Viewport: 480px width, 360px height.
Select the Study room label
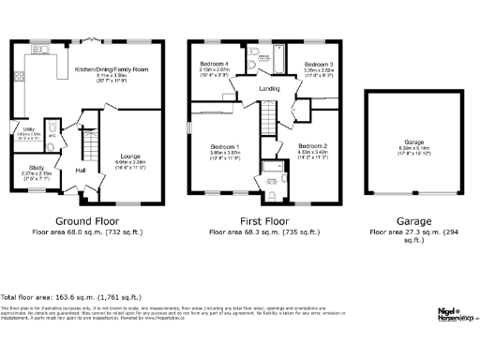(25, 167)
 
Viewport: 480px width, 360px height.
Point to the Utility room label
(29, 128)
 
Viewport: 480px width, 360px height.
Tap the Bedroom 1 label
(225, 147)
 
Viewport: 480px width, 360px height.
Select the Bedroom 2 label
(312, 147)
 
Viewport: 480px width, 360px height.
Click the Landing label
(269, 89)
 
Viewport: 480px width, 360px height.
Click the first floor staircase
(267, 118)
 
